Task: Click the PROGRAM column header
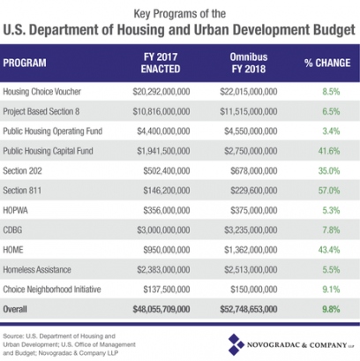pyautogui.click(x=25, y=63)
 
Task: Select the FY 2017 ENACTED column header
pyautogui.click(x=161, y=63)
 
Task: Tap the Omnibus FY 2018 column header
pyautogui.click(x=249, y=63)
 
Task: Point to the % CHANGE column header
pyautogui.click(x=327, y=63)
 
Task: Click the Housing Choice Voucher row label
pyautogui.click(x=41, y=92)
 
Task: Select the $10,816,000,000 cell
pyautogui.click(x=161, y=111)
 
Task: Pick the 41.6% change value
pyautogui.click(x=329, y=151)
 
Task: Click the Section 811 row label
pyautogui.click(x=22, y=191)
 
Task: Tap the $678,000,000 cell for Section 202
pyautogui.click(x=254, y=171)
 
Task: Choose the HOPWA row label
pyautogui.click(x=15, y=210)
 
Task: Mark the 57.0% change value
pyautogui.click(x=329, y=191)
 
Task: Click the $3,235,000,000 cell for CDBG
pyautogui.click(x=251, y=230)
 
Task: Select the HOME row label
pyautogui.click(x=13, y=250)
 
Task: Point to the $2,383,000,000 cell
pyautogui.click(x=163, y=270)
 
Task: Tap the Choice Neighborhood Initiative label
pyautogui.click(x=52, y=290)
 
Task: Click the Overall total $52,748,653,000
pyautogui.click(x=249, y=309)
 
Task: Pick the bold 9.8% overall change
pyautogui.click(x=331, y=309)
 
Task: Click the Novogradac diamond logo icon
pyautogui.click(x=236, y=344)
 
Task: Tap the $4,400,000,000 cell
pyautogui.click(x=163, y=132)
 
